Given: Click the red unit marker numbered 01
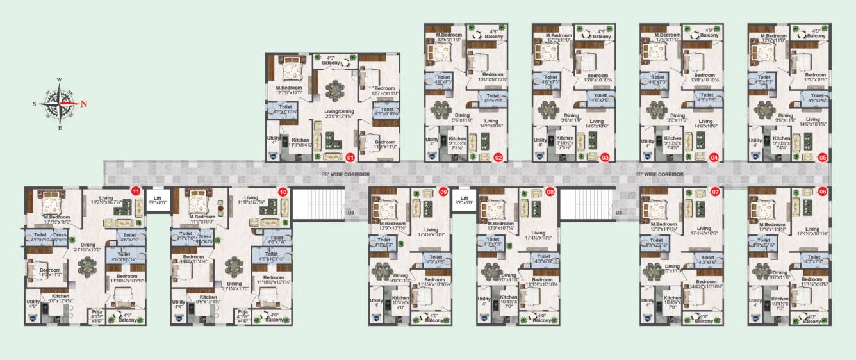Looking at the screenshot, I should coord(350,156).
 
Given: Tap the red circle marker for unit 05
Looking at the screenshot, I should coord(823,156).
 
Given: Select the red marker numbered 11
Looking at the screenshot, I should coord(135,191).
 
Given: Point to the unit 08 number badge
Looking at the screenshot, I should coord(550,191).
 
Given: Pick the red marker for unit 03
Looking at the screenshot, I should coord(605,156).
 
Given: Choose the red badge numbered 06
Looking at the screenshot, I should coord(823,191).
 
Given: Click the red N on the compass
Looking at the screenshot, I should coord(84,104).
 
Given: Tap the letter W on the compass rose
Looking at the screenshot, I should coord(59,80).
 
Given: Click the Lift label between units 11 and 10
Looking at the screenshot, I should coord(156,199).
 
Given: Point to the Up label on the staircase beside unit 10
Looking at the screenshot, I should coord(349,211).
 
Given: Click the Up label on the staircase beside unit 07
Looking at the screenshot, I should coord(618,211).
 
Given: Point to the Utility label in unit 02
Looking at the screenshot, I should coord(432,140).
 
